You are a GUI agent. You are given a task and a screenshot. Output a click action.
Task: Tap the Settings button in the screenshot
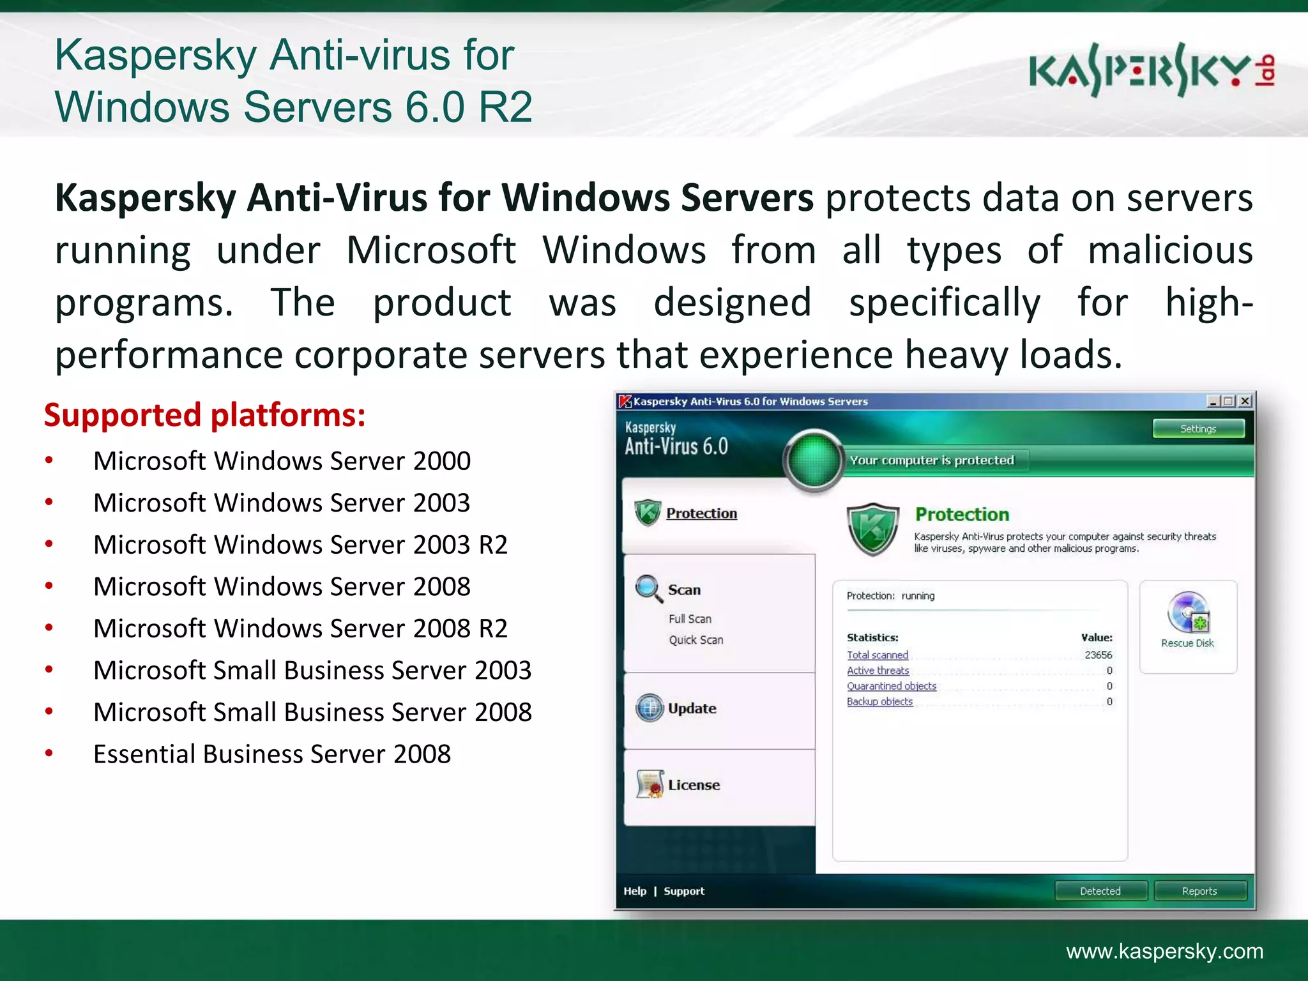pos(1198,429)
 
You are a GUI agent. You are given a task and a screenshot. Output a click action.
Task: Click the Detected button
pos(1100,891)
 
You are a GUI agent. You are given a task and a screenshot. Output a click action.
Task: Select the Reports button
pos(1199,891)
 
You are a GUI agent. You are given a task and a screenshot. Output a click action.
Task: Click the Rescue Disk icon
pos(1187,613)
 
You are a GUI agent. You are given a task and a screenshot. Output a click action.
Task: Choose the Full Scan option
pos(690,619)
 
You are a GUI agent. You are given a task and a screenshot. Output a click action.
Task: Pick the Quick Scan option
pos(696,640)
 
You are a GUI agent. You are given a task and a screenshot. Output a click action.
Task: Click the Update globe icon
pos(650,708)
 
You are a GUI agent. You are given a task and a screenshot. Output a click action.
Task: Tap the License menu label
pos(694,785)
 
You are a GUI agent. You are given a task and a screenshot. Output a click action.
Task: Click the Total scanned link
pos(877,655)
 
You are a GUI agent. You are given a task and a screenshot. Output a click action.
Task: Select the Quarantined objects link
pos(891,686)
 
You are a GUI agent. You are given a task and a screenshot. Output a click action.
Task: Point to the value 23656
pos(1098,655)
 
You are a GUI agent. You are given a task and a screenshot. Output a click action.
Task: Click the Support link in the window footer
pos(683,891)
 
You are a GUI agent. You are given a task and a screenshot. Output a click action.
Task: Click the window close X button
pos(1245,401)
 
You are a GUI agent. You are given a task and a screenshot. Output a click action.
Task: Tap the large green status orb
pos(814,460)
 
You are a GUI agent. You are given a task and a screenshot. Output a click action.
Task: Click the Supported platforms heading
pos(204,415)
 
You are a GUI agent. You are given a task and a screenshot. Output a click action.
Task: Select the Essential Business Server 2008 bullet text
pos(272,754)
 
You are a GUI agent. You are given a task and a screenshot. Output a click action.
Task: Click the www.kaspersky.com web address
pos(1164,951)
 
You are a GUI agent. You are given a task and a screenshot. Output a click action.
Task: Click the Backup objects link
pos(879,701)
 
